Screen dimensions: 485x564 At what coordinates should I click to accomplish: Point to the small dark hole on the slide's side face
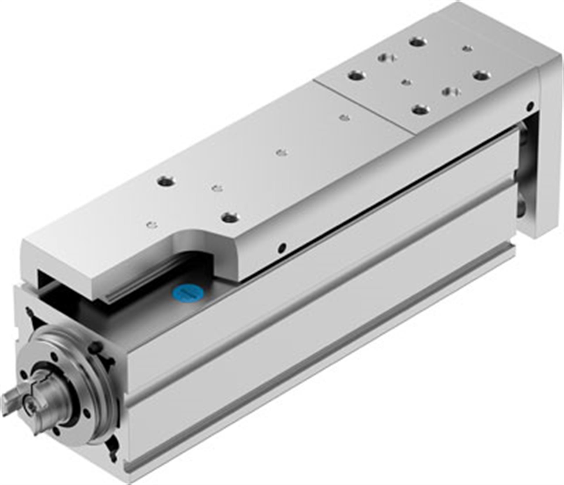tap(281, 247)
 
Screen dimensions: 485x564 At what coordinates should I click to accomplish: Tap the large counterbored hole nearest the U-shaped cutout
tap(230, 217)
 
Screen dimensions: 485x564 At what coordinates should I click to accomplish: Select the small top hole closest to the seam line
tap(344, 118)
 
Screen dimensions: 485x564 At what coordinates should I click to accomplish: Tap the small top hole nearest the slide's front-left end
tap(152, 225)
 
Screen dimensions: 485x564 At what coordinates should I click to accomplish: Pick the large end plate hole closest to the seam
tap(356, 77)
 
